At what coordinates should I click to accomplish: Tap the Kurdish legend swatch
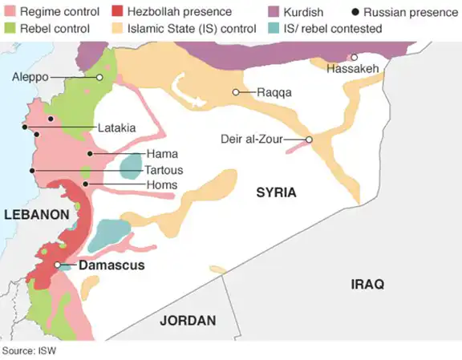point(273,12)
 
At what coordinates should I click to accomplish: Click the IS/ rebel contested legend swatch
point(273,28)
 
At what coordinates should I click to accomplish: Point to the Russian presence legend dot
point(355,12)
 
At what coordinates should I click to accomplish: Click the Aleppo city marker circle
point(99,77)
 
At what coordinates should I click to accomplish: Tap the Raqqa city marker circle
point(236,92)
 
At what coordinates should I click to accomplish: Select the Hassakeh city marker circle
point(354,57)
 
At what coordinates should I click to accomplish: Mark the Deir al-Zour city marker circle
point(309,140)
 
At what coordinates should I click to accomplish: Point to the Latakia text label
point(116,127)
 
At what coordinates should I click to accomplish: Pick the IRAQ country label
point(367,284)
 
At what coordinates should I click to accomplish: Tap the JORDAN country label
point(188,321)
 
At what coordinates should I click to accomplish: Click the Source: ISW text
point(28,351)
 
